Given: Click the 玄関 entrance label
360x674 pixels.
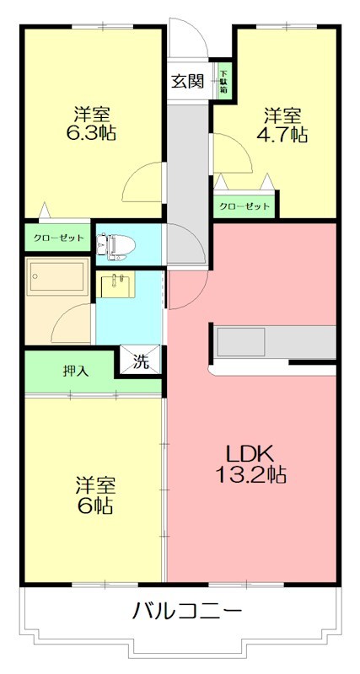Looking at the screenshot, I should coord(187,82).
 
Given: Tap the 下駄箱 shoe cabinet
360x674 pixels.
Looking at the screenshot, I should coord(224,81).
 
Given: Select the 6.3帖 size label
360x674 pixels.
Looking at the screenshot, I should coord(92,133).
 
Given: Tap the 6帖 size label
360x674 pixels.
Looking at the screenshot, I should coord(94,506).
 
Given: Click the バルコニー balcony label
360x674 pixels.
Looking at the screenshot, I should coord(187,611).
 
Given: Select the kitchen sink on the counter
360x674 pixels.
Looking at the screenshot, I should coord(243,341).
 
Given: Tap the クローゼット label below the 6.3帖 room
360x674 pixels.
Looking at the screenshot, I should coord(58,238).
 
